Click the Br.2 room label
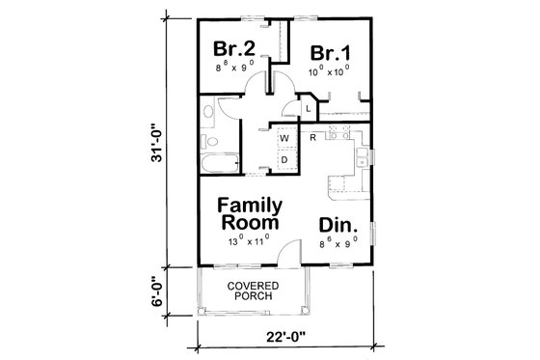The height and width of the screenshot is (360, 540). (233, 49)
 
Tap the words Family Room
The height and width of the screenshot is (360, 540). (249, 213)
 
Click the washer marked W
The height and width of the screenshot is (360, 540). (284, 139)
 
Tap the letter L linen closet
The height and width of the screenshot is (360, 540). (308, 109)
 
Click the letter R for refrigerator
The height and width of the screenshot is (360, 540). (313, 138)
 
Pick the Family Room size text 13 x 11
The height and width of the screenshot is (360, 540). (249, 240)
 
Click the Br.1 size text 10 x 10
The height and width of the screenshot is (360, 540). (329, 71)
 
